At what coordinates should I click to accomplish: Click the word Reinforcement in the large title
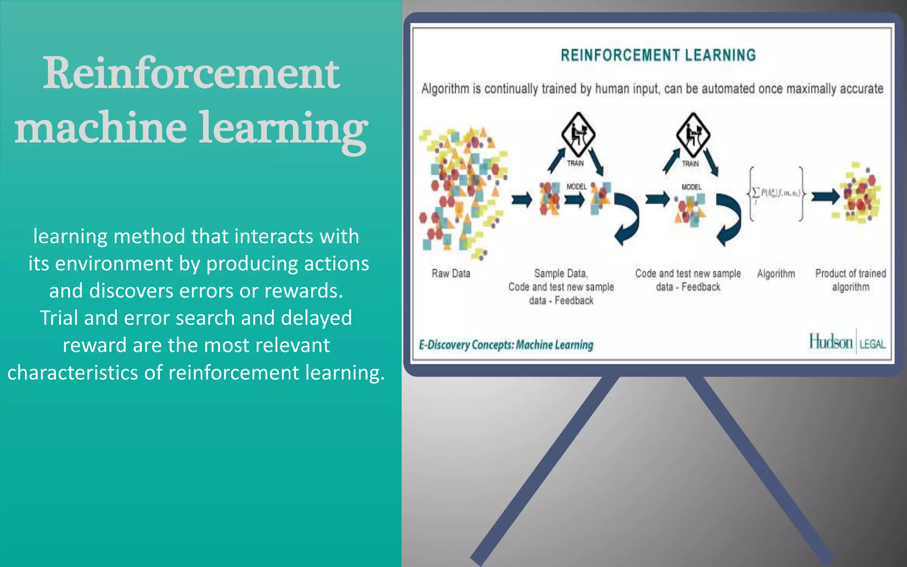pos(191,73)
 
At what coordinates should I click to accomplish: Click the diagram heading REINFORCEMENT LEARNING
pos(658,55)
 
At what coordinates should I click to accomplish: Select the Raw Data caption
pos(451,274)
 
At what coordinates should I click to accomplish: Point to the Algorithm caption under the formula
pos(776,274)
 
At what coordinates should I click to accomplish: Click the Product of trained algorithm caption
pos(850,280)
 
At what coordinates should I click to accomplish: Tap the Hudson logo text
pos(831,342)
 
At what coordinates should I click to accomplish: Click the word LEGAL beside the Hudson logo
pos(872,344)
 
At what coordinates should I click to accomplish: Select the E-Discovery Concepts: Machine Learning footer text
pos(506,345)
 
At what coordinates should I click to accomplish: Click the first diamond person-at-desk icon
pos(578,134)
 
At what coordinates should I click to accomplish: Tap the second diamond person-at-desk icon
pos(693,134)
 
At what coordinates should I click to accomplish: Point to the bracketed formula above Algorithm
pos(776,194)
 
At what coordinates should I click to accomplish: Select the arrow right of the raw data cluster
pos(522,199)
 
